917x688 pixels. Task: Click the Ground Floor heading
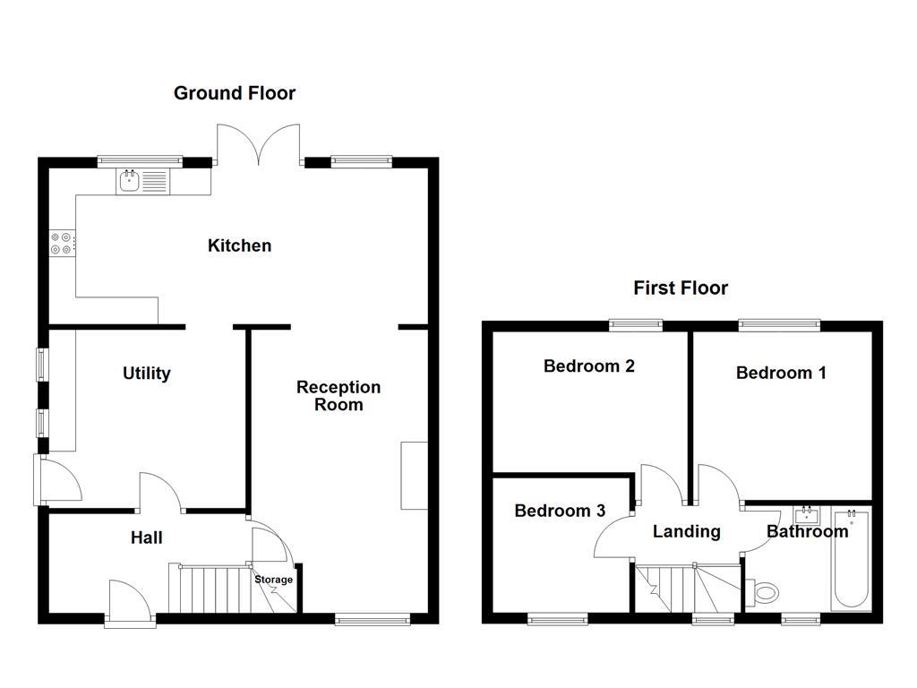coord(234,93)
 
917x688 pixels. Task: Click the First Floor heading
coord(681,288)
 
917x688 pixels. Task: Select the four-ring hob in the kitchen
coord(63,242)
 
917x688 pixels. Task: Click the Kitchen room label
coord(239,245)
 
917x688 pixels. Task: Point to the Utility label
coord(147,374)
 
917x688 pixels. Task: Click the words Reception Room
coord(339,395)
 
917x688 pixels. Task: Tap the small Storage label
coord(273,580)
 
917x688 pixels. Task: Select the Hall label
coord(147,537)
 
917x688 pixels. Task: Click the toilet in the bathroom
coord(765,592)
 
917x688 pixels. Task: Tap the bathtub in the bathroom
coord(850,560)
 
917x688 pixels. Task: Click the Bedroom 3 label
coord(560,511)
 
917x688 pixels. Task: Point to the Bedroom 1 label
coord(781,373)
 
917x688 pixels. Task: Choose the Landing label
coord(686,531)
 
